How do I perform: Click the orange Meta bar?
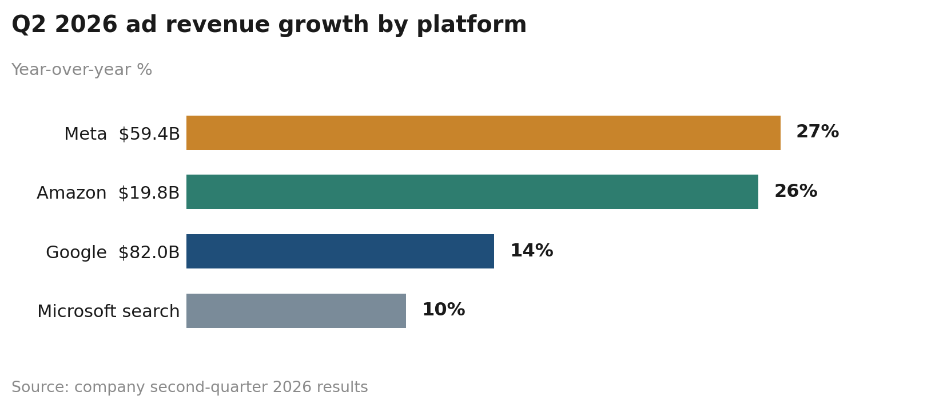483,133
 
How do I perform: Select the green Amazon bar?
472,192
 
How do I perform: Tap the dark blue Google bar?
340,251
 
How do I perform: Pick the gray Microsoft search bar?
296,311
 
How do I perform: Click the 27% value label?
818,132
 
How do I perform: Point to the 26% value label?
796,191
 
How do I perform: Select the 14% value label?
532,251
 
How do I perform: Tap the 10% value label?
443,310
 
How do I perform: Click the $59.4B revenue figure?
149,134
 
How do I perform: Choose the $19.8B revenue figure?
149,193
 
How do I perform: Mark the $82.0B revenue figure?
149,252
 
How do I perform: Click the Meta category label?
86,134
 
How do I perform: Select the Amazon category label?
71,193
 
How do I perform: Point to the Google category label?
76,253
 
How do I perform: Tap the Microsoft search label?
109,311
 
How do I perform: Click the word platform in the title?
471,25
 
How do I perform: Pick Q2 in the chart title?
29,25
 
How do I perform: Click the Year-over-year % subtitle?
82,70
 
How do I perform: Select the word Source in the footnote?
40,387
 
